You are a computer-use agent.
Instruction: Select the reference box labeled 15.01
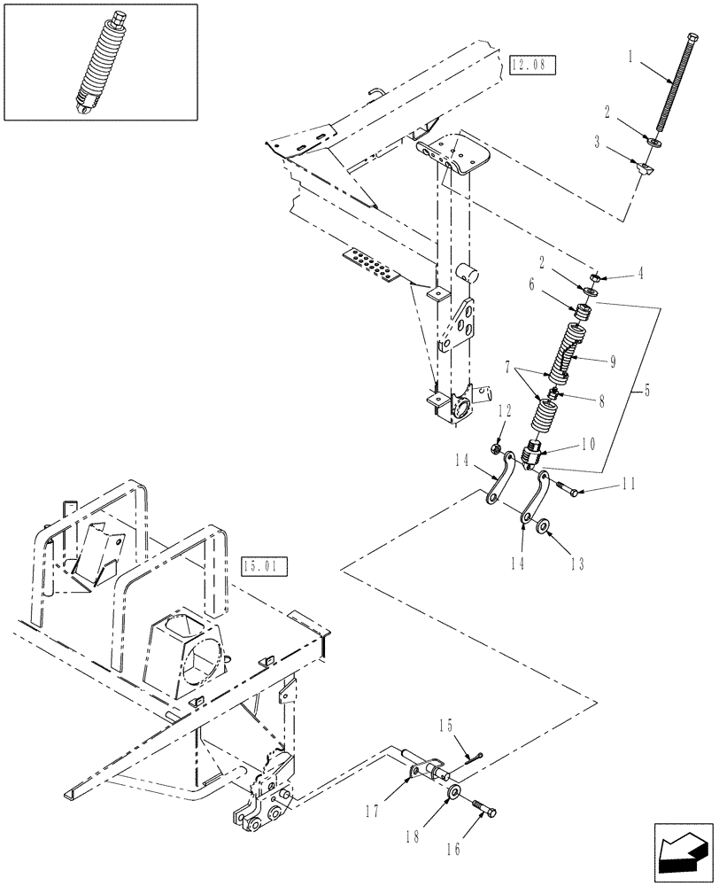(x=264, y=566)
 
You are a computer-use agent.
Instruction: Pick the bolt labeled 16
(x=486, y=810)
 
